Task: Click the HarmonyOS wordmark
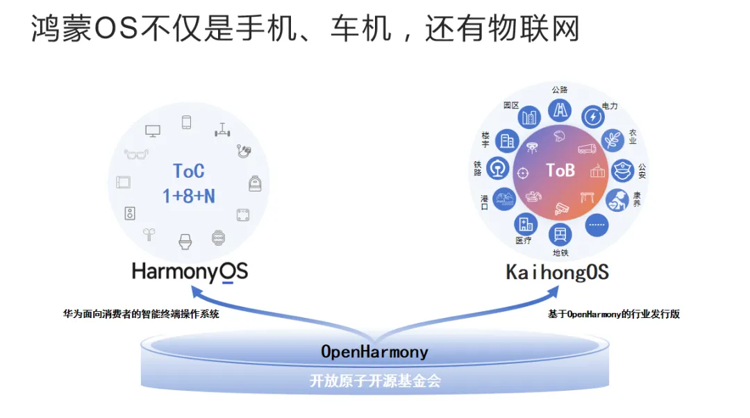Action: coord(190,271)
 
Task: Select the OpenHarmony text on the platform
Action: coord(374,352)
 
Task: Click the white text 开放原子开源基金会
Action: coord(375,381)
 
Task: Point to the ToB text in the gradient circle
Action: coord(560,170)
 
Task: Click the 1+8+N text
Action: coord(189,197)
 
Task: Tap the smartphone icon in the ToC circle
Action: coord(186,123)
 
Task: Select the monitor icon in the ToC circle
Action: coord(153,130)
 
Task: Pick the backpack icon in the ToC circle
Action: coord(255,183)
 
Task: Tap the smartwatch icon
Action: coord(219,239)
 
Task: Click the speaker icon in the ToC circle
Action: coord(130,213)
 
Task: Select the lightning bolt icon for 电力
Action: coord(592,117)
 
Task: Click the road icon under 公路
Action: coord(560,110)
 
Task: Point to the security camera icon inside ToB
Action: coord(562,208)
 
